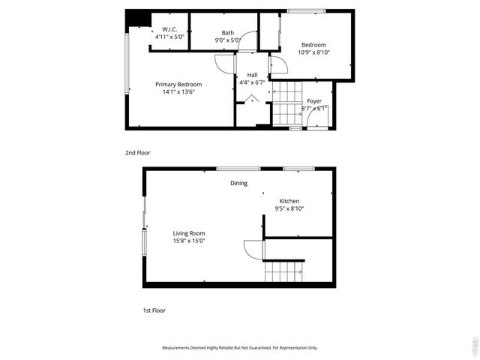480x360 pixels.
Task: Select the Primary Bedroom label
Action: click(x=178, y=84)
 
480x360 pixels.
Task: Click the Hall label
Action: click(x=253, y=75)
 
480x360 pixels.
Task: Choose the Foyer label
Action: click(x=314, y=100)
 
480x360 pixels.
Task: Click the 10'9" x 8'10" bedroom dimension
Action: click(x=314, y=52)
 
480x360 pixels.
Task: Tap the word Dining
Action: click(x=238, y=183)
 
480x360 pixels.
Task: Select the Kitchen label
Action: click(x=289, y=201)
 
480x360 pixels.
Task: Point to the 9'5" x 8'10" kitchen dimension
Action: click(x=289, y=209)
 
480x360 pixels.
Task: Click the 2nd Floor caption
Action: click(x=137, y=153)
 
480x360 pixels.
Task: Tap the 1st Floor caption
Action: click(x=154, y=310)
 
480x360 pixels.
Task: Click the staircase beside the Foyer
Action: click(x=286, y=109)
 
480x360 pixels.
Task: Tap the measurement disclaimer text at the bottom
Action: click(x=240, y=348)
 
